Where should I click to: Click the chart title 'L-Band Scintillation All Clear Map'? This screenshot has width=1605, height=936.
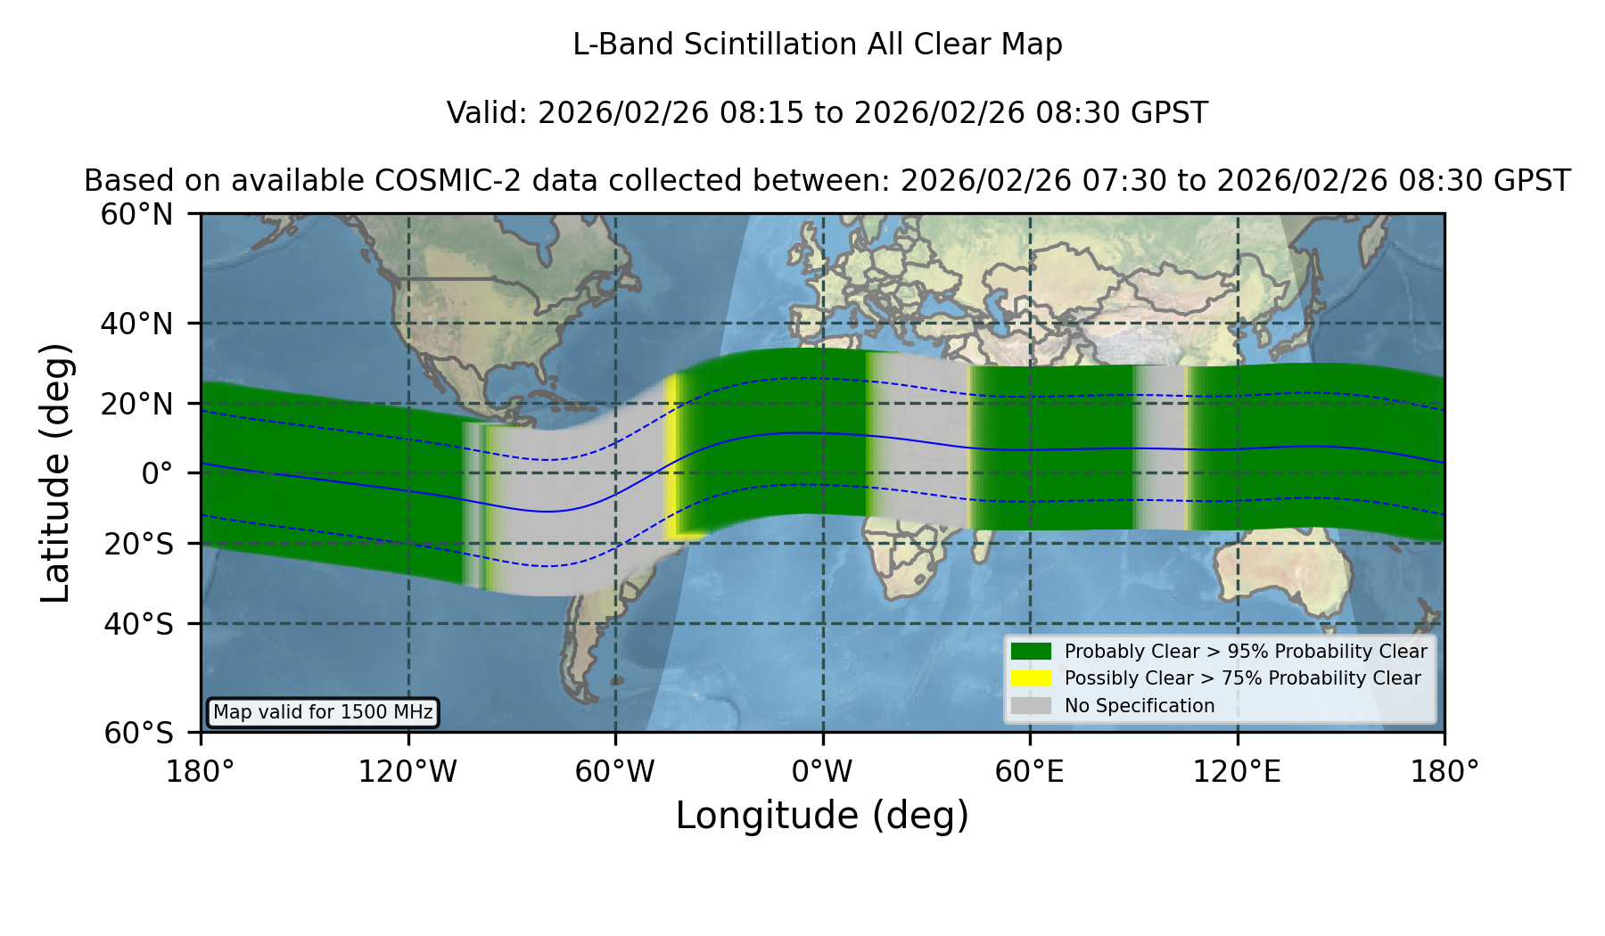click(818, 45)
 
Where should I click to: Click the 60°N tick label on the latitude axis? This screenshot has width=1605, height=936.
click(137, 215)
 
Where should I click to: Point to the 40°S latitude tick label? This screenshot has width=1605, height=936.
click(138, 624)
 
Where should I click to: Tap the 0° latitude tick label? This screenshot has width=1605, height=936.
click(157, 473)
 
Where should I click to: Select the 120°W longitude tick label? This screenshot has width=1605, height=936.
click(408, 772)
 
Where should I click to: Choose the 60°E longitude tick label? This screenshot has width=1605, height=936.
click(1030, 772)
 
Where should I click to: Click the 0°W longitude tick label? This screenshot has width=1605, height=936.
click(823, 772)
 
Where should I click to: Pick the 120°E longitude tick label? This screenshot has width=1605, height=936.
click(1238, 772)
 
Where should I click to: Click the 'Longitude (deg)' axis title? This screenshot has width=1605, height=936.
click(822, 817)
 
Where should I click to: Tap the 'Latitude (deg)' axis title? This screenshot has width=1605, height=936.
click(56, 473)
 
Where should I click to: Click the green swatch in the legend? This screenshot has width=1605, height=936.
click(1031, 652)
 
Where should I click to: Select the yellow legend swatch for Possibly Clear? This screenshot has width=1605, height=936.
click(1031, 678)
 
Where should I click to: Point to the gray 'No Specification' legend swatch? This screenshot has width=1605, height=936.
click(1031, 706)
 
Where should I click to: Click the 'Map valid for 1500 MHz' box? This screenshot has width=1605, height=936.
click(323, 712)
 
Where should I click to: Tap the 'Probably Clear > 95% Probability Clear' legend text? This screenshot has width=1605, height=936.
click(1246, 652)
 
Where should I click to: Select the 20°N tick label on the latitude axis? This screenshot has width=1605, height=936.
click(137, 404)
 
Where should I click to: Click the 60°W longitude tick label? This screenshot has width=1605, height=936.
click(615, 772)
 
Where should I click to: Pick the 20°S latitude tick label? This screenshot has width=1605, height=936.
click(138, 544)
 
